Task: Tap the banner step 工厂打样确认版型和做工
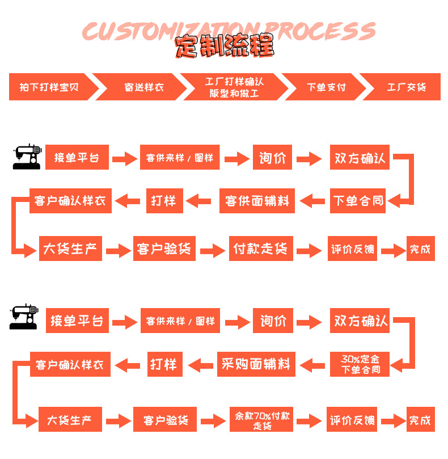click(234, 87)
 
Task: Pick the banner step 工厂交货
click(406, 87)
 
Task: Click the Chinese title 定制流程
click(225, 46)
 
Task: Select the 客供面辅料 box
click(257, 201)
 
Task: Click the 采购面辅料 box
click(256, 364)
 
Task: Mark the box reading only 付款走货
click(261, 249)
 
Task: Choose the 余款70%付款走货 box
click(261, 419)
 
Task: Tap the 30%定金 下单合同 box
click(360, 364)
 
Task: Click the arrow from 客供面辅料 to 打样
click(198, 201)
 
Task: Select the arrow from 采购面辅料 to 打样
click(200, 365)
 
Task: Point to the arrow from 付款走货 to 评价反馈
click(309, 251)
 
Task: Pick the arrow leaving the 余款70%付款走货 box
click(309, 421)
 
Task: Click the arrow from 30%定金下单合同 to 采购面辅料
click(312, 365)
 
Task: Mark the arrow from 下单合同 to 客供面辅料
click(312, 201)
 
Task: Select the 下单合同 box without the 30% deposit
click(358, 201)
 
